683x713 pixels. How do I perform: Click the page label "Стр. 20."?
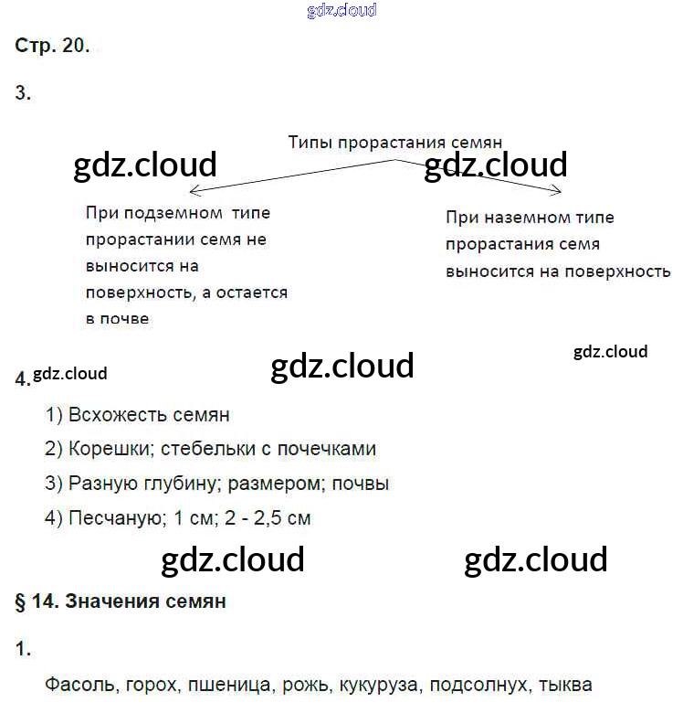[53, 48]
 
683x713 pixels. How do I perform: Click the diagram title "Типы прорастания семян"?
[395, 143]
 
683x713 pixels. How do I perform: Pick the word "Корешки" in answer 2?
[102, 449]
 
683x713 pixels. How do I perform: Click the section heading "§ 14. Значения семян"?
[121, 601]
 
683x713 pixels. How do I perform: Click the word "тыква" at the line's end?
[565, 685]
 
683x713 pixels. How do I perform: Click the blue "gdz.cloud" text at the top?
[341, 10]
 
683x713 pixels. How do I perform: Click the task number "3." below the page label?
[24, 92]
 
